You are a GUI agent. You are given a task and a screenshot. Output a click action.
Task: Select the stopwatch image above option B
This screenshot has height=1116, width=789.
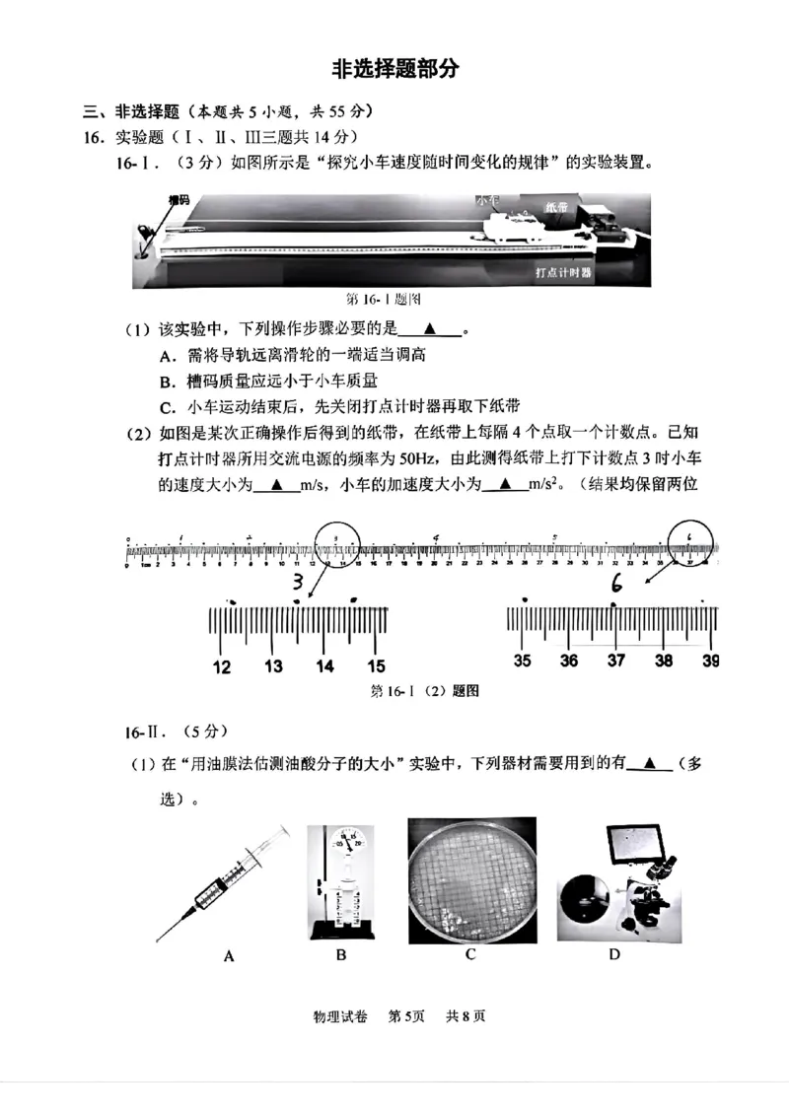point(340,880)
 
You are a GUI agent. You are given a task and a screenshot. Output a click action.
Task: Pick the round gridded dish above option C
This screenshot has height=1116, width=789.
point(470,879)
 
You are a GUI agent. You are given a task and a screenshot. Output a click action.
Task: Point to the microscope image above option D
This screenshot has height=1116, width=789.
point(614,881)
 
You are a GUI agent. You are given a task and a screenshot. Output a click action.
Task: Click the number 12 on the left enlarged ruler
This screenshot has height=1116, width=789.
point(222,667)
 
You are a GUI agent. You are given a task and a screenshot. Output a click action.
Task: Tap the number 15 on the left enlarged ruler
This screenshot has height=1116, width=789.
point(376,667)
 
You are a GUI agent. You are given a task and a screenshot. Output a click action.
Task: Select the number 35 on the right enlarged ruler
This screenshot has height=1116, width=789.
point(522,661)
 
